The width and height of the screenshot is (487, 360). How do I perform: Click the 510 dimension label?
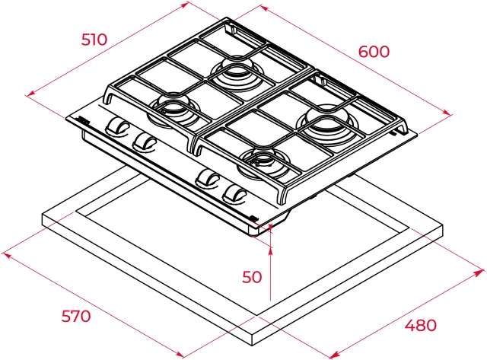(94, 40)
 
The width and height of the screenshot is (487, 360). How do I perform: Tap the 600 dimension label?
(374, 52)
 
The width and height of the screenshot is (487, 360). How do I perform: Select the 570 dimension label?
(76, 316)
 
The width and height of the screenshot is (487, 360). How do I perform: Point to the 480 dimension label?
(421, 325)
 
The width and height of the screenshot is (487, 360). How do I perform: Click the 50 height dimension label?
(252, 277)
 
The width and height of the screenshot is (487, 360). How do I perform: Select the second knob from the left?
(144, 142)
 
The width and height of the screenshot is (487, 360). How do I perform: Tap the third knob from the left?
(208, 179)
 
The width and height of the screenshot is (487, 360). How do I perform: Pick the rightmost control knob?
(234, 193)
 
